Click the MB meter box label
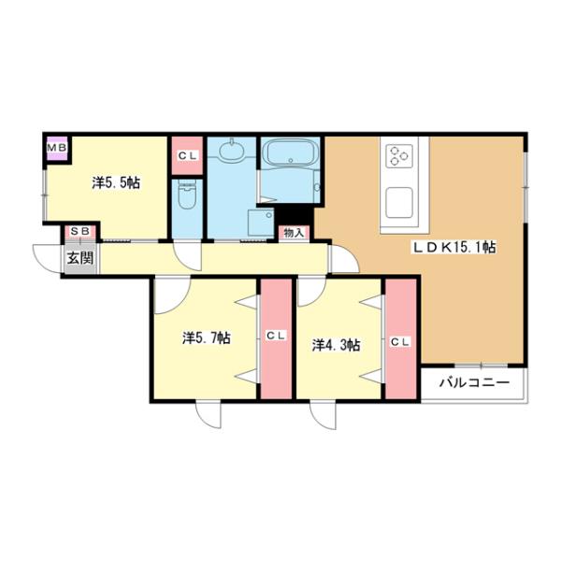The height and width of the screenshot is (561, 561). point(57,148)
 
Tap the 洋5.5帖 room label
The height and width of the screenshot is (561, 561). point(116,183)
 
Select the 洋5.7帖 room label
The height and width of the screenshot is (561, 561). point(207,338)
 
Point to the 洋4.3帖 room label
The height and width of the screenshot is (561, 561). point(337,345)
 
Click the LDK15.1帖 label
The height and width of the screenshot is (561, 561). point(454,247)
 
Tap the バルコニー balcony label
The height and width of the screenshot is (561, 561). point(474,383)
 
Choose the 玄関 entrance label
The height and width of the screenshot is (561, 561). point(80,258)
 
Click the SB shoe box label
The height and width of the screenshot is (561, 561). point(80,231)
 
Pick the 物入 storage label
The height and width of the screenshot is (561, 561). point(294,233)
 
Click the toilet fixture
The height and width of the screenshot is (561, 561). point(187,194)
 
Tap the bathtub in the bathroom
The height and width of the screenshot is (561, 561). point(290,153)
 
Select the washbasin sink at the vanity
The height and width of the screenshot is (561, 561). point(232,151)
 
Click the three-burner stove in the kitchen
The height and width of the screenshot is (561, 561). point(399,155)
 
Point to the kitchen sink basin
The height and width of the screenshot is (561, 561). point(399,203)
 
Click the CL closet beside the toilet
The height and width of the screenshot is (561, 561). point(188,155)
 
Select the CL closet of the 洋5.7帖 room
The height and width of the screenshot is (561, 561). point(276,338)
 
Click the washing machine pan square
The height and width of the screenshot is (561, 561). point(261,223)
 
